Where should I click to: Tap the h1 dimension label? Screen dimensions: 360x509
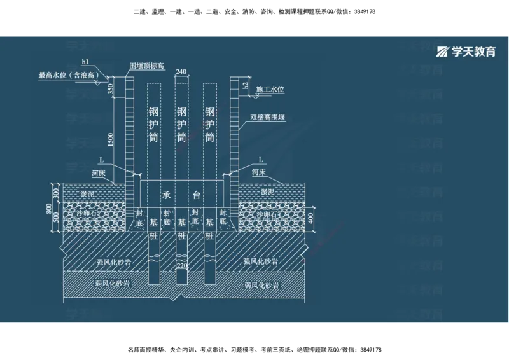pyautogui.click(x=85, y=62)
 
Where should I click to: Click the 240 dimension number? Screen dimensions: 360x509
pyautogui.click(x=181, y=72)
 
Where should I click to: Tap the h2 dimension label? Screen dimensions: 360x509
pyautogui.click(x=246, y=85)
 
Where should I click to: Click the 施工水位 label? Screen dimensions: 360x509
pyautogui.click(x=270, y=90)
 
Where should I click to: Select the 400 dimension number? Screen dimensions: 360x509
pyautogui.click(x=310, y=218)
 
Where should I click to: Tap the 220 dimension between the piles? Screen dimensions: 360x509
pyautogui.click(x=181, y=265)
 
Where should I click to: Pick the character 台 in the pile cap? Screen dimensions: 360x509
pyautogui.click(x=197, y=196)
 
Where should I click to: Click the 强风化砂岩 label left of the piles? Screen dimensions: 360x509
pyautogui.click(x=114, y=262)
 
